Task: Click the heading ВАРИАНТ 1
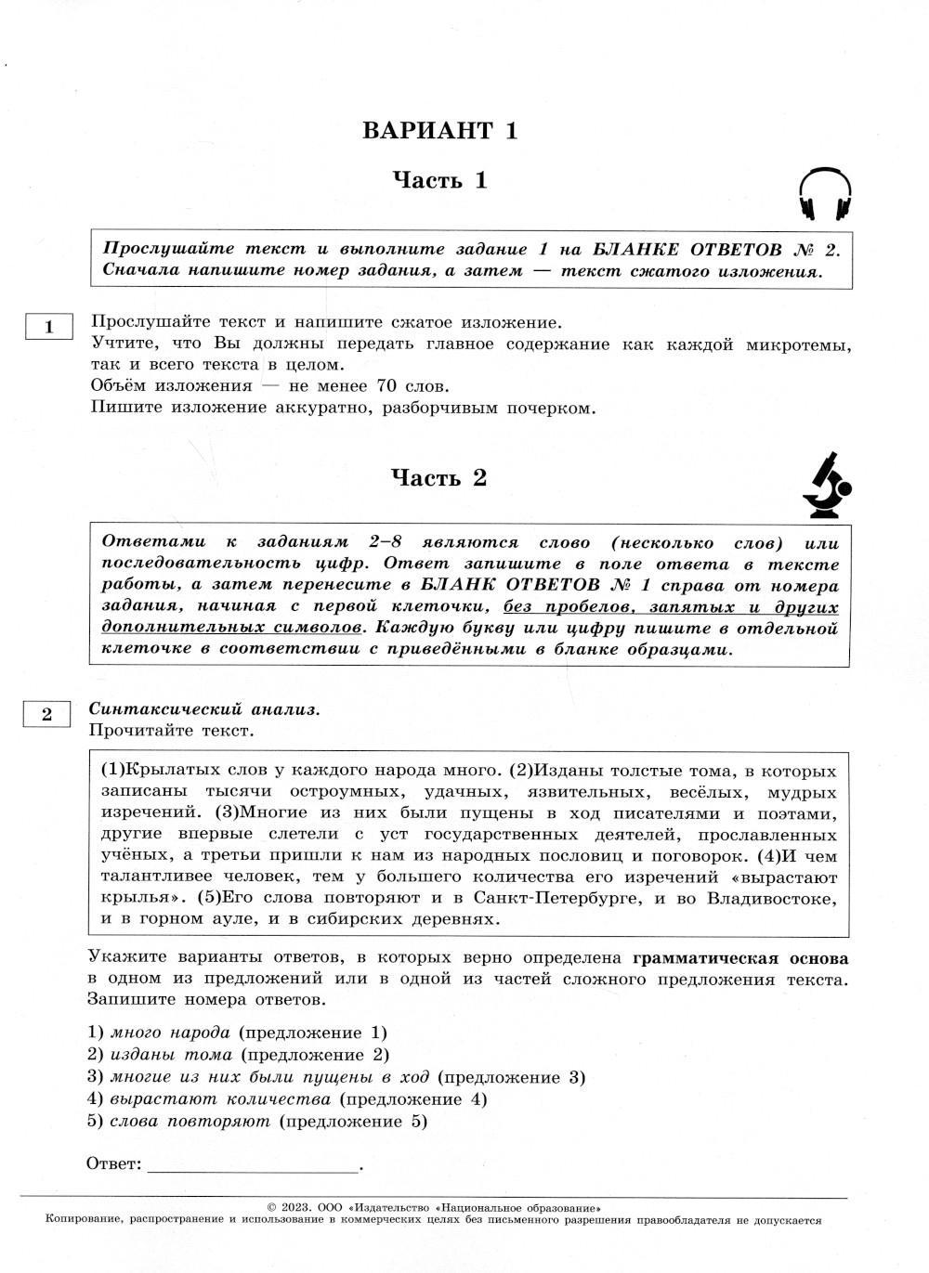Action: click(439, 130)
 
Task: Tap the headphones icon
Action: click(825, 194)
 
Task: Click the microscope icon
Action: click(826, 486)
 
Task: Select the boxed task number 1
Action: click(48, 327)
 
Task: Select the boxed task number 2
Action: click(46, 714)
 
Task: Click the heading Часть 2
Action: click(438, 478)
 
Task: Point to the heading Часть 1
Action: click(439, 180)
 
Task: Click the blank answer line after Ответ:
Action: click(252, 1164)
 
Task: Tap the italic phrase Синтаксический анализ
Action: click(203, 709)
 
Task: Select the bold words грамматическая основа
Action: click(739, 958)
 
